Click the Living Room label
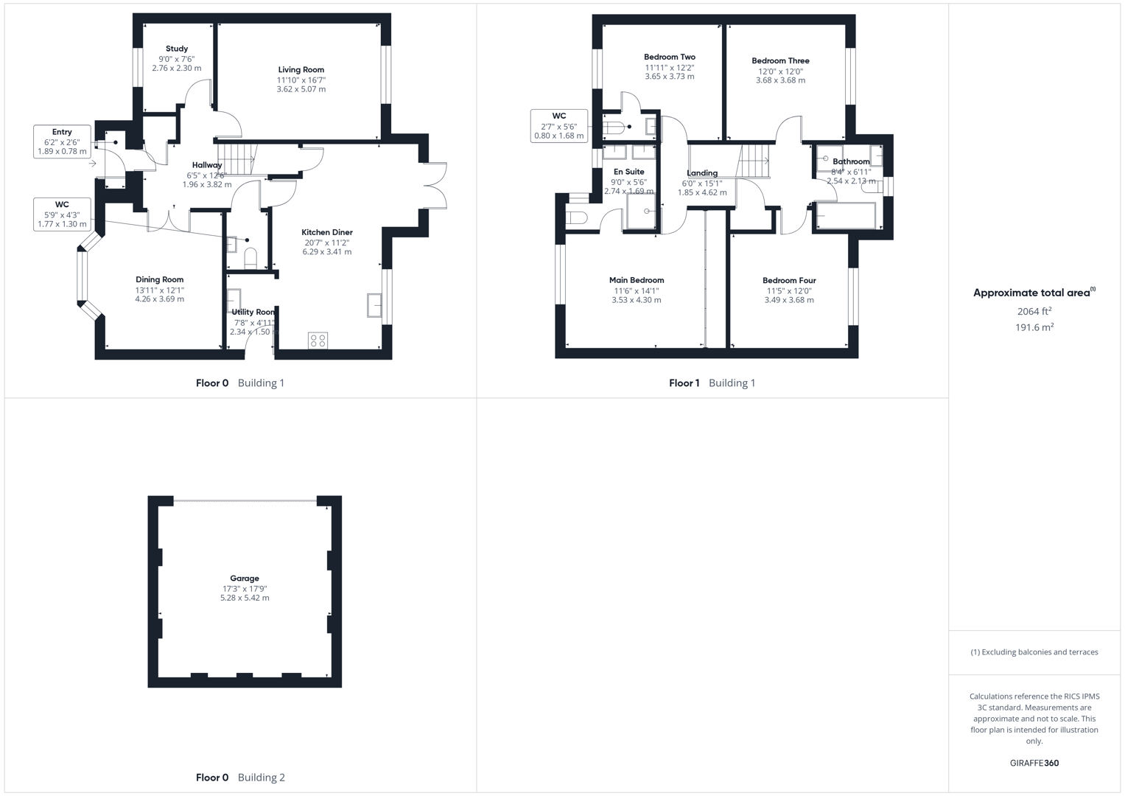pyautogui.click(x=301, y=70)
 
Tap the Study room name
pyautogui.click(x=177, y=49)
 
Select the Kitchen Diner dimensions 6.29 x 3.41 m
pyautogui.click(x=326, y=252)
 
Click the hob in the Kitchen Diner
pyautogui.click(x=318, y=341)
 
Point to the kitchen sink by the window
pyautogui.click(x=374, y=304)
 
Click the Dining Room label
pyautogui.click(x=159, y=279)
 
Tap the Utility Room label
pyautogui.click(x=253, y=313)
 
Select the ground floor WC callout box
pyautogui.click(x=62, y=214)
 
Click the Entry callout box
pyautogui.click(x=62, y=142)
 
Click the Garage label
pyautogui.click(x=245, y=579)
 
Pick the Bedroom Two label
pyautogui.click(x=669, y=57)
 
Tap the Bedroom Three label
pyautogui.click(x=780, y=61)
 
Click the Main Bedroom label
pyautogui.click(x=637, y=280)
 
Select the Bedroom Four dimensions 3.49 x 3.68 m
pyautogui.click(x=789, y=301)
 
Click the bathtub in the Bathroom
pyautogui.click(x=846, y=217)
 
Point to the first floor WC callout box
pyautogui.click(x=559, y=126)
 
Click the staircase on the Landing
pyautogui.click(x=754, y=161)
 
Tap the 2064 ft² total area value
pyautogui.click(x=1034, y=312)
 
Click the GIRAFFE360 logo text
pyautogui.click(x=1034, y=764)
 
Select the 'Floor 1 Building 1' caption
pyautogui.click(x=712, y=383)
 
